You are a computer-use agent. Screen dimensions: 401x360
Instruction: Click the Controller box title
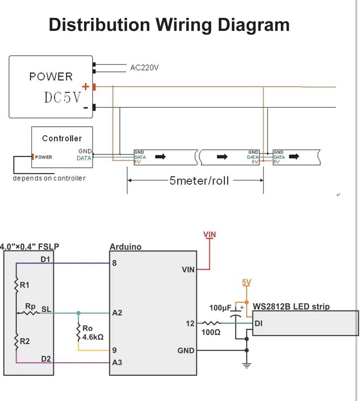point(62,138)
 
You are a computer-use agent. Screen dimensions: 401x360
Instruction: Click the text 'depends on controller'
point(49,178)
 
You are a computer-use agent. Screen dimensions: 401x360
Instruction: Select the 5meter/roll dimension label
point(199,180)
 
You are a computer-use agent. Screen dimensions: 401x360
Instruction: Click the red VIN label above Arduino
point(210,235)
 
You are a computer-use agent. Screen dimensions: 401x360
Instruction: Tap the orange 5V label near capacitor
point(247,282)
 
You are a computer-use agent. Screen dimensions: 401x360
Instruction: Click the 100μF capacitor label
point(220,308)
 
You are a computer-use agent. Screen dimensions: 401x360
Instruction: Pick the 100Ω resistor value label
point(211,332)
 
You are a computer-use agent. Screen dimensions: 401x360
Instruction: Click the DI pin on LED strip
point(258,323)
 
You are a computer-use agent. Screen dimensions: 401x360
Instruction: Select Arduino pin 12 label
point(190,323)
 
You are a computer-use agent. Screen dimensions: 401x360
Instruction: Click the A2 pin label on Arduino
point(117,313)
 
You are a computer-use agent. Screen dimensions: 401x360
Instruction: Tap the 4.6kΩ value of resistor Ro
point(92,337)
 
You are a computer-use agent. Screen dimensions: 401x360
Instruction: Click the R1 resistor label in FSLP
point(25,285)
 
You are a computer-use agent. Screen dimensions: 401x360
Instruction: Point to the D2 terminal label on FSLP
point(46,359)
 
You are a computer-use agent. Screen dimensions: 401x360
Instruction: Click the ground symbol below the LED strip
point(247,365)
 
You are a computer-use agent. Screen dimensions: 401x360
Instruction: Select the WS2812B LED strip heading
point(291,307)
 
